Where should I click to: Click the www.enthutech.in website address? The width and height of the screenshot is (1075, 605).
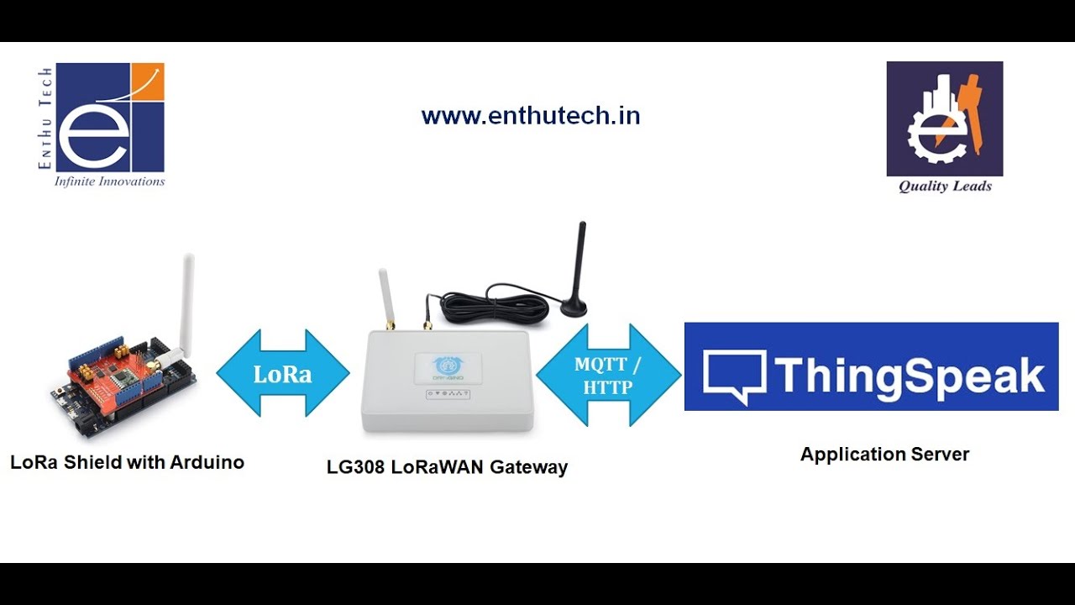531,116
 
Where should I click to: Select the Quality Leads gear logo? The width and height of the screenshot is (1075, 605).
944,118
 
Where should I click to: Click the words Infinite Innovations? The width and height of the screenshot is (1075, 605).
109,181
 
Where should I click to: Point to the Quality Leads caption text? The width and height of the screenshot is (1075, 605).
945,187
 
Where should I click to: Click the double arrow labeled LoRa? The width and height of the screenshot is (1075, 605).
283,373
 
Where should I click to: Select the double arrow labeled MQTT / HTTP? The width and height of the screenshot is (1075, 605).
608,375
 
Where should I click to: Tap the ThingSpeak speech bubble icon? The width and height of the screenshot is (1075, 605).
733,376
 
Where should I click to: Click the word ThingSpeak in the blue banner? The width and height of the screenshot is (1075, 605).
910,375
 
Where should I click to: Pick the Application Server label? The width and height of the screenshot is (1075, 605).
884,455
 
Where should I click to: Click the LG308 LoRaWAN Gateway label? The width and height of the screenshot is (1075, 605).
447,467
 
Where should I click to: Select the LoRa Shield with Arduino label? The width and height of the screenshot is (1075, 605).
127,462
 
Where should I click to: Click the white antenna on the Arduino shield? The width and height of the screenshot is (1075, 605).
186,302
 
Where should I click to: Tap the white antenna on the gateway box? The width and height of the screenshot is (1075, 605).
385,296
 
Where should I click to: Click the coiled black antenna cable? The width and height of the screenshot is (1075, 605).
496,307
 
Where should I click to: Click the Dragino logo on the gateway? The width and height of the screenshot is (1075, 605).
448,366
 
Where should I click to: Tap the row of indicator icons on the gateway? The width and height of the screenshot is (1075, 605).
447,393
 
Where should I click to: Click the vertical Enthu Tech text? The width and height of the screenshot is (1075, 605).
45,118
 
